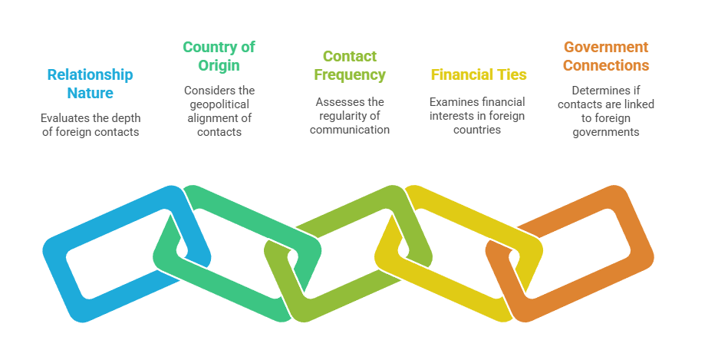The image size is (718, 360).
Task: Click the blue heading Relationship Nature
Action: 90,84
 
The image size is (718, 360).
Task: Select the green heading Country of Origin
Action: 219,56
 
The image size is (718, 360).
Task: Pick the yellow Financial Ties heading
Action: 479,74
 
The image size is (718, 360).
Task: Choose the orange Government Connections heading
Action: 606,56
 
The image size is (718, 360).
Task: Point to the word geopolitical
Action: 219,104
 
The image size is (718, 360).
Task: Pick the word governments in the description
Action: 606,131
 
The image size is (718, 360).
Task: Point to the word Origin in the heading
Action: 219,65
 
